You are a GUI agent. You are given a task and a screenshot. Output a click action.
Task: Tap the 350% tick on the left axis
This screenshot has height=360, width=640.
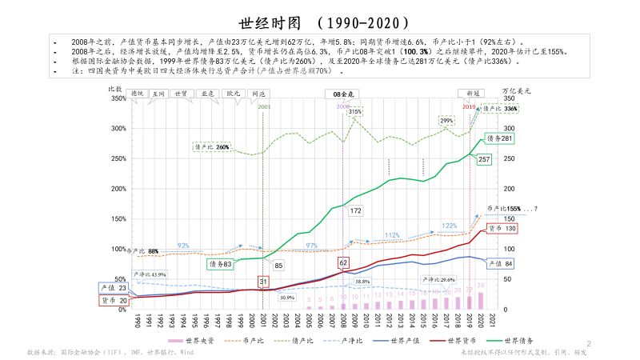pos(117,98)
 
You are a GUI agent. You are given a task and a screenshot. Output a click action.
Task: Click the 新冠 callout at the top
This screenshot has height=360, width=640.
pos(473,94)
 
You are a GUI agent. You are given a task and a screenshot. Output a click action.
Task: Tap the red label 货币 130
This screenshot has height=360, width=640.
pos(502,229)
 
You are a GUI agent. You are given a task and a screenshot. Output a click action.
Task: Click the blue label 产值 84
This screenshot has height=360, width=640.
pos(502,264)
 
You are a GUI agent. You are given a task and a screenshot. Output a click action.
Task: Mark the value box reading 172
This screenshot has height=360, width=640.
pos(356,210)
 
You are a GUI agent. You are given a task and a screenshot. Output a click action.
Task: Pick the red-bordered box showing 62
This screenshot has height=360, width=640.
pos(344,262)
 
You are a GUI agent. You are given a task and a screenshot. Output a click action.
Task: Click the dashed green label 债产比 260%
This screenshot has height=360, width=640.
pos(212,147)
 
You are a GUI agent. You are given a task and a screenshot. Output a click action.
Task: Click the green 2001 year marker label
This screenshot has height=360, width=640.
pos(264,106)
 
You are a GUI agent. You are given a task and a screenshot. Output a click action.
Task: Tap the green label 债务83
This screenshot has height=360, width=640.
pos(221,263)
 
